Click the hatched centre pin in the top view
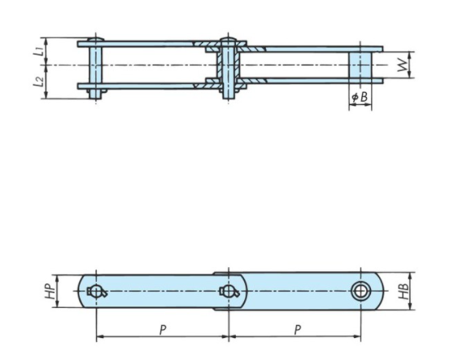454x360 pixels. coord(229,65)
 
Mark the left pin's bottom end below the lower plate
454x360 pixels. coord(97,94)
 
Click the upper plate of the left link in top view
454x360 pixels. coord(146,42)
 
